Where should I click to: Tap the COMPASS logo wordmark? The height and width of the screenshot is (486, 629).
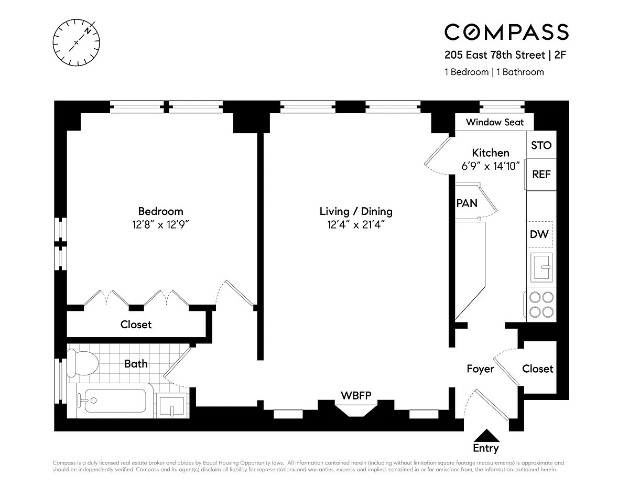pyautogui.click(x=506, y=32)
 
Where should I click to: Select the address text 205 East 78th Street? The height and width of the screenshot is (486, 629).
pyautogui.click(x=495, y=55)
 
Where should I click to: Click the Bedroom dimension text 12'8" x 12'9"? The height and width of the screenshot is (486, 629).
pyautogui.click(x=160, y=224)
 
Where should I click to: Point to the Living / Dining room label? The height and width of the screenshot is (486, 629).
pyautogui.click(x=356, y=211)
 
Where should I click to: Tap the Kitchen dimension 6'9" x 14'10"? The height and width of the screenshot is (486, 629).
pyautogui.click(x=491, y=166)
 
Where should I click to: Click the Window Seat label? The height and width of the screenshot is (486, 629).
pyautogui.click(x=495, y=122)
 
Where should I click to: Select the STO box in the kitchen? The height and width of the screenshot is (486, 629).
pyautogui.click(x=541, y=145)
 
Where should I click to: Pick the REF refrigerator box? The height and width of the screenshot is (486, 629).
pyautogui.click(x=541, y=174)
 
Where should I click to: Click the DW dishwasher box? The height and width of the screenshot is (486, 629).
pyautogui.click(x=539, y=234)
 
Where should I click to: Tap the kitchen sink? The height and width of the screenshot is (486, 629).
pyautogui.click(x=541, y=267)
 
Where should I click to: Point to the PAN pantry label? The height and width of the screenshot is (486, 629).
pyautogui.click(x=467, y=203)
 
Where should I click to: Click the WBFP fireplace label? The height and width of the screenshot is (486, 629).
pyautogui.click(x=356, y=395)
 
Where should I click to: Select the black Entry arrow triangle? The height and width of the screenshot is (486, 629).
pyautogui.click(x=486, y=435)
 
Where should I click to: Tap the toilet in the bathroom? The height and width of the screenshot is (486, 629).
pyautogui.click(x=82, y=363)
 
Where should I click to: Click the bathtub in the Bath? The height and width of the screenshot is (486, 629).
pyautogui.click(x=115, y=401)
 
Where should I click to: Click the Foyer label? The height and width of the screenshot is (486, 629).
pyautogui.click(x=480, y=369)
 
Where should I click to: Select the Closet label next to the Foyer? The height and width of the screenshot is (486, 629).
pyautogui.click(x=537, y=369)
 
